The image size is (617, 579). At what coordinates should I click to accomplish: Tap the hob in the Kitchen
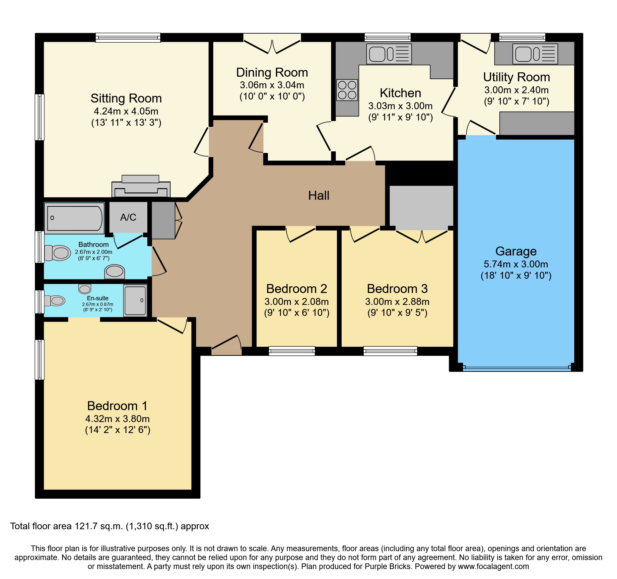[x=347, y=90]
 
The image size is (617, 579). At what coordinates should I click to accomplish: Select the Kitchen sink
[x=389, y=54]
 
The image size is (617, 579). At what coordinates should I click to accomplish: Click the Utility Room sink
[x=535, y=54]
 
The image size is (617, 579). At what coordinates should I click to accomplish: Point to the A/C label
[x=128, y=217]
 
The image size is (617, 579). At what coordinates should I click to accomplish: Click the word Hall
[x=318, y=195]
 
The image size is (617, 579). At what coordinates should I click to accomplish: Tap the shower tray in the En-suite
[x=135, y=300]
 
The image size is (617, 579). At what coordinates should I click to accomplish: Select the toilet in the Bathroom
[x=58, y=253]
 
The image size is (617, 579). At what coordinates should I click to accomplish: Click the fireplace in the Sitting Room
[x=141, y=187]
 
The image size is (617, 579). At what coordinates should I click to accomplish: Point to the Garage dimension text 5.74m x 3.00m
[x=516, y=264]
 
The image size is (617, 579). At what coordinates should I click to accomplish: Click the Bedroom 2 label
[x=297, y=289]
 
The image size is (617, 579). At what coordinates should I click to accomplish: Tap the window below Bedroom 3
[x=390, y=351]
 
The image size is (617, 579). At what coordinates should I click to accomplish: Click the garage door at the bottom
[x=516, y=367]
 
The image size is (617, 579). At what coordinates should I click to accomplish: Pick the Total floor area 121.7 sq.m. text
[x=109, y=526]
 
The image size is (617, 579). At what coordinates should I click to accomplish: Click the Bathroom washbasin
[x=114, y=271]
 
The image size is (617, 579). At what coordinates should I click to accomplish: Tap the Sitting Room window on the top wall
[x=128, y=37]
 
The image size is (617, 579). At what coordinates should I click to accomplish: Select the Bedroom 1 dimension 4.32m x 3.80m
[x=117, y=419]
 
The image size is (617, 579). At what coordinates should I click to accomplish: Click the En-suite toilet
[x=55, y=301]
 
